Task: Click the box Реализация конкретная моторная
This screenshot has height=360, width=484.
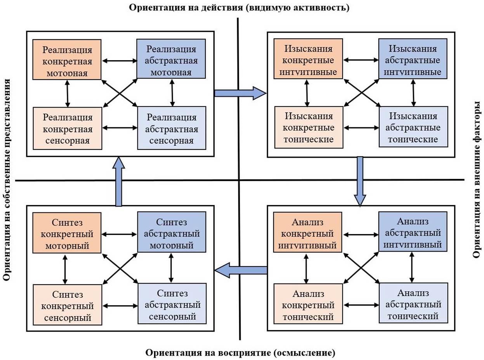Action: pyautogui.click(x=67, y=59)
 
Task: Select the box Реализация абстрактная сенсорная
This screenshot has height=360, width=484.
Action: pyautogui.click(x=172, y=128)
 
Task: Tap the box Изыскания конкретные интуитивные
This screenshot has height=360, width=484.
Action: pyautogui.click(x=308, y=59)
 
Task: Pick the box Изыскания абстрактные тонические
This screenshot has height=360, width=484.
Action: pyautogui.click(x=414, y=127)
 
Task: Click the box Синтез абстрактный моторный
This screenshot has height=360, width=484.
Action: pyautogui.click(x=171, y=232)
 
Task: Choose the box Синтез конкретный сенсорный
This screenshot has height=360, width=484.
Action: pyautogui.click(x=67, y=304)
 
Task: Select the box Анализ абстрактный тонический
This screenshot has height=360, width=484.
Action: pyautogui.click(x=413, y=303)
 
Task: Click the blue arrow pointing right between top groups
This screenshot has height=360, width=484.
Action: pyautogui.click(x=240, y=93)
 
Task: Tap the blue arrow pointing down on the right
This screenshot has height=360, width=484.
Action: pyautogui.click(x=360, y=181)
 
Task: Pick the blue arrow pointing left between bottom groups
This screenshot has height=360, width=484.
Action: pyautogui.click(x=241, y=270)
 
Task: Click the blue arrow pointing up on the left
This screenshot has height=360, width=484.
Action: pyautogui.click(x=118, y=181)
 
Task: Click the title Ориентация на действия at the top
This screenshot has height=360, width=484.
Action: pyautogui.click(x=239, y=8)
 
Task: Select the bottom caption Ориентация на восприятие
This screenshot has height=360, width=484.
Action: pyautogui.click(x=240, y=353)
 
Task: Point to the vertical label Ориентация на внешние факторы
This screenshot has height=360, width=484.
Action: pyautogui.click(x=477, y=181)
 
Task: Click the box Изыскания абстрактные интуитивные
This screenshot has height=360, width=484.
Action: pyautogui.click(x=413, y=59)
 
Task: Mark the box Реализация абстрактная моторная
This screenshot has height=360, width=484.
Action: pyautogui.click(x=171, y=59)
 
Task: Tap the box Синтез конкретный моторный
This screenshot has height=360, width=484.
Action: pyautogui.click(x=67, y=232)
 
